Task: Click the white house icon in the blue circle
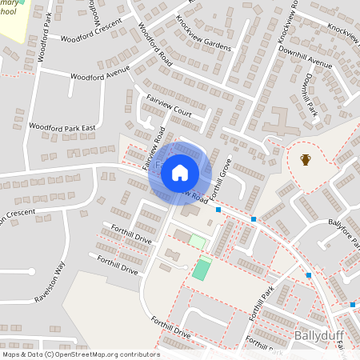(x=179, y=173)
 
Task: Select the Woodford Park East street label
(x=62, y=127)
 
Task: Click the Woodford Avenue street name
(x=100, y=74)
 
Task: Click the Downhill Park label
(x=310, y=95)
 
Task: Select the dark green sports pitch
(x=202, y=268)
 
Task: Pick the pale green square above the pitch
(x=196, y=241)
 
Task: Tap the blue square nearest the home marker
(x=218, y=210)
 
